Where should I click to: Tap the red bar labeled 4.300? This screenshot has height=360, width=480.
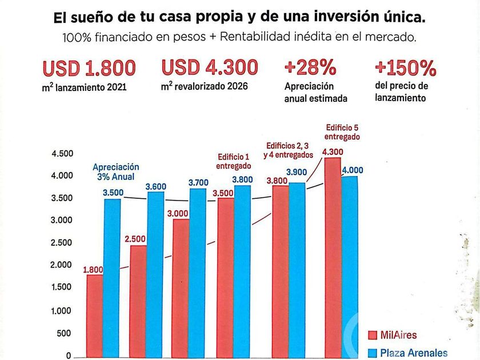[x=333, y=257]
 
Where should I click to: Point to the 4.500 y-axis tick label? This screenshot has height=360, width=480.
[x=62, y=154]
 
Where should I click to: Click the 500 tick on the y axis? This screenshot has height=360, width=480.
[x=65, y=334]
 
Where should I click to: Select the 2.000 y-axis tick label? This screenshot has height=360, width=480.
[x=62, y=266]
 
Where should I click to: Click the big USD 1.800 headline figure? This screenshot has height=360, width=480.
[x=90, y=68]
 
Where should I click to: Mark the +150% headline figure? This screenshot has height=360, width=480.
[x=406, y=68]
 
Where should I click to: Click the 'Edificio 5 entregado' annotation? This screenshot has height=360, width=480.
[x=342, y=132]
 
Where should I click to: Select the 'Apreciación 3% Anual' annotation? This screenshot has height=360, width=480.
[x=116, y=172]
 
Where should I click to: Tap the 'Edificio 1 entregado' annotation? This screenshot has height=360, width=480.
[x=233, y=161]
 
